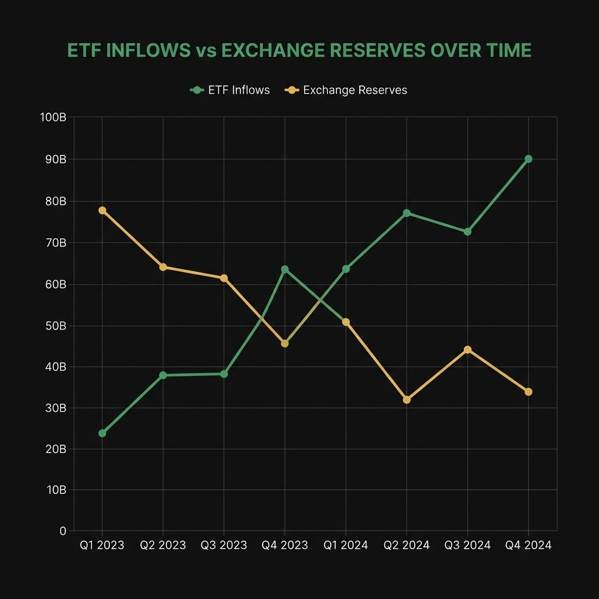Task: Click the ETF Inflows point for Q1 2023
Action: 102,433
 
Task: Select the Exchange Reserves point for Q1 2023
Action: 102,210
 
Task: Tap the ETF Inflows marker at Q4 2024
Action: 528,159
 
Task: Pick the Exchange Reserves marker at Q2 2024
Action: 407,400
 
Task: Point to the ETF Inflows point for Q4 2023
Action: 285,269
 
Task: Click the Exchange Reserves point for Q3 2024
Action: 467,350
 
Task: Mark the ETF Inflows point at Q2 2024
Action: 407,213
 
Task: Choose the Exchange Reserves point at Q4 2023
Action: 285,343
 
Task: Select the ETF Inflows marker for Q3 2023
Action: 224,374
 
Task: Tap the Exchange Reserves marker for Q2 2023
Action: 163,267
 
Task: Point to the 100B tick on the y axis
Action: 53,118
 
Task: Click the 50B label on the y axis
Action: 54,326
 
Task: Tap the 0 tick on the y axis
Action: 63,531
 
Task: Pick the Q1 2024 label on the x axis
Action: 346,545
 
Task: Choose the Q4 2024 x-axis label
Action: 528,545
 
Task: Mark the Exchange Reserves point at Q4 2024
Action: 528,391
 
